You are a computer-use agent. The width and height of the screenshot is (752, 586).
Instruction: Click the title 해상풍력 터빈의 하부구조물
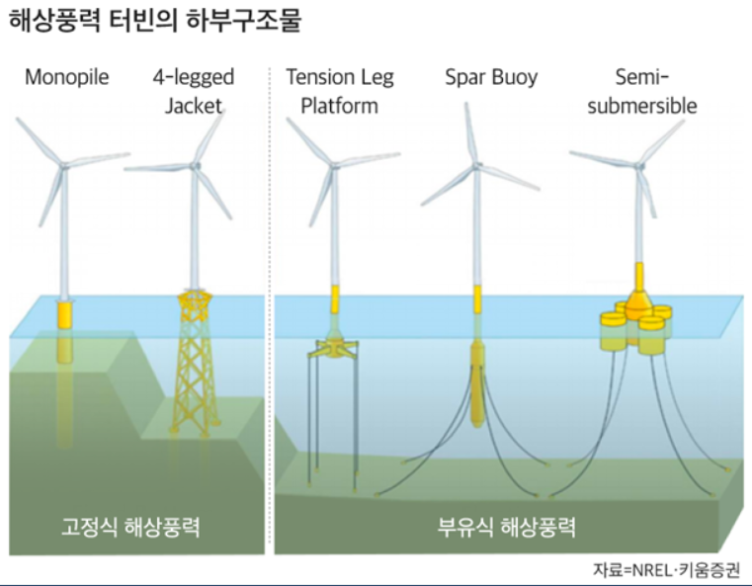155,22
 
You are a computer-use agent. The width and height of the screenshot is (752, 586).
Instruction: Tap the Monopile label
67,76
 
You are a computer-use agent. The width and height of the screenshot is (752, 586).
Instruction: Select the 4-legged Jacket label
194,90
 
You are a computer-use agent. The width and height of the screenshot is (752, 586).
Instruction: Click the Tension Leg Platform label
332,90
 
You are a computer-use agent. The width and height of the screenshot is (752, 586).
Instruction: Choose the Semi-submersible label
642,90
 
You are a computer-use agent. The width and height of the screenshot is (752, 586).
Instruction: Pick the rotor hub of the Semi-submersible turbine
643,160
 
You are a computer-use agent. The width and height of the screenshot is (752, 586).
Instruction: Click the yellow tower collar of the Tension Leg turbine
334,296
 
